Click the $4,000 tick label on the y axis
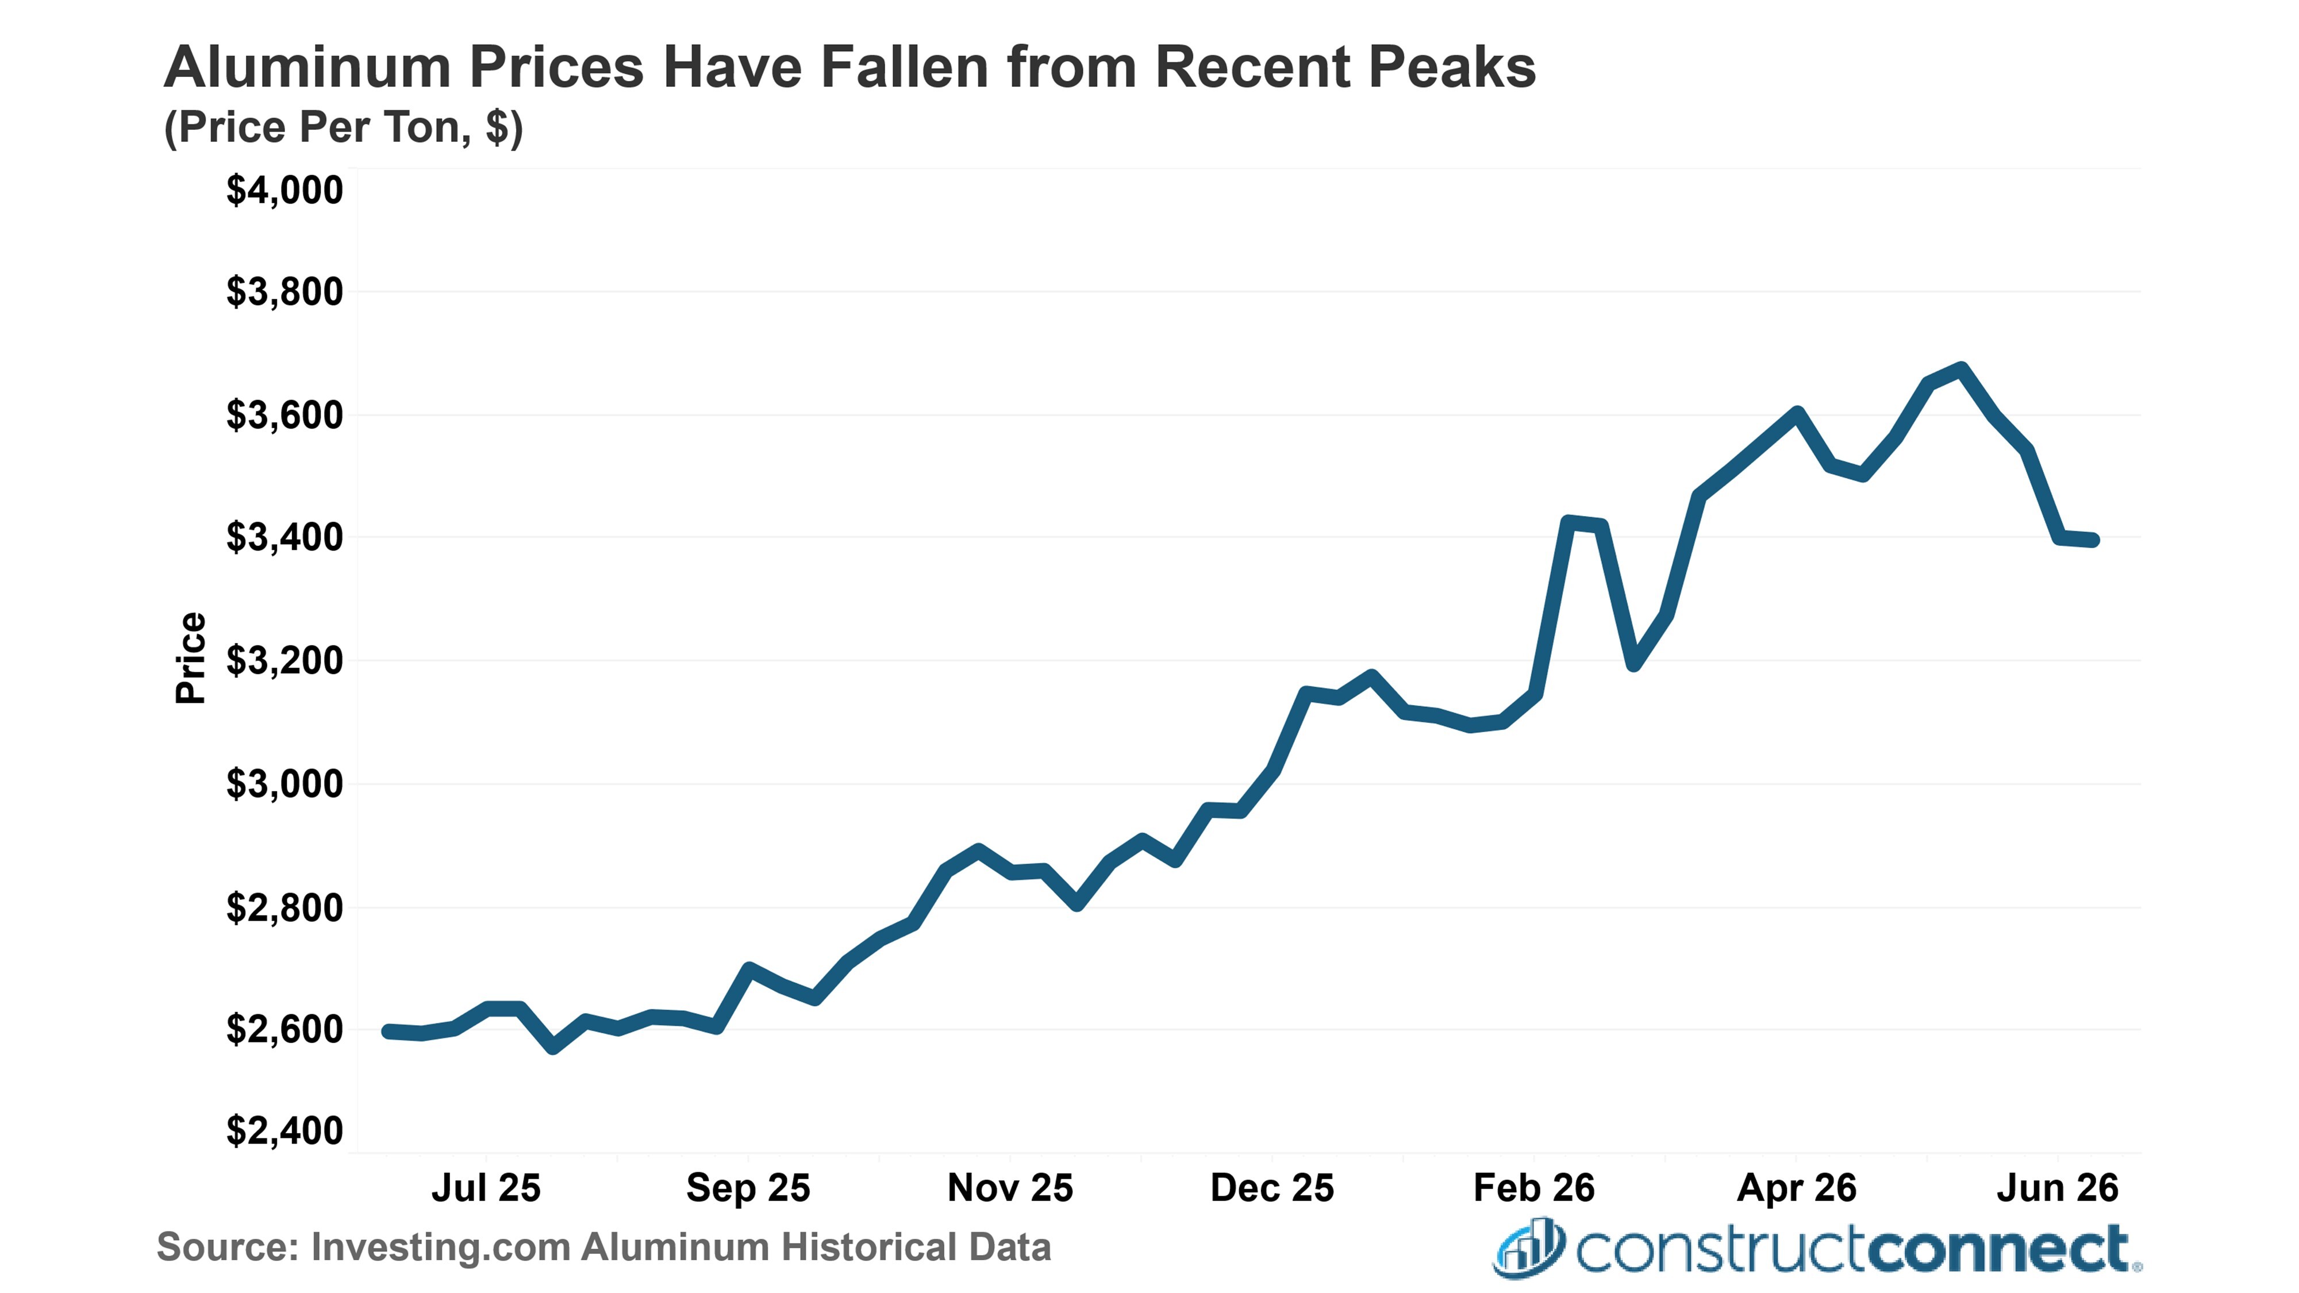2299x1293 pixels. tap(284, 190)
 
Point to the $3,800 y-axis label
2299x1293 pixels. tap(284, 292)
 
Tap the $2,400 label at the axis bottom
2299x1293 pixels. tap(284, 1130)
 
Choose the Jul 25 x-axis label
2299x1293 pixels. tap(486, 1188)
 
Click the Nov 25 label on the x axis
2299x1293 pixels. tap(1010, 1188)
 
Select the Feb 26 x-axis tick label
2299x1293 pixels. tap(1534, 1188)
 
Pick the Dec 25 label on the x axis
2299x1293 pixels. tap(1272, 1188)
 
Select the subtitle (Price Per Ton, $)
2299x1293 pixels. tap(344, 128)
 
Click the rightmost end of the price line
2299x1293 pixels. tap(2093, 540)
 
